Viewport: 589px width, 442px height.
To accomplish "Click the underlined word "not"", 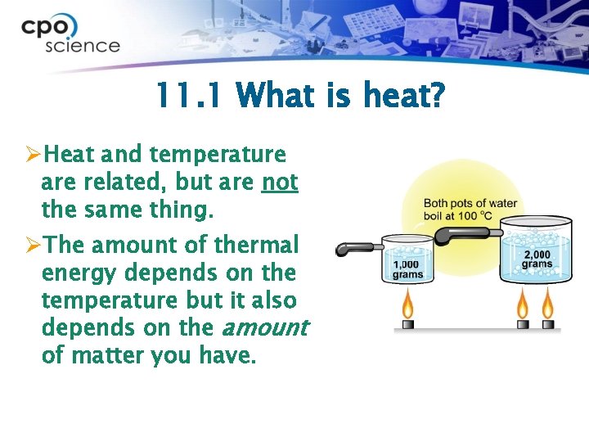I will (280, 182).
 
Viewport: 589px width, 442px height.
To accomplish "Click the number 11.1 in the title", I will (187, 97).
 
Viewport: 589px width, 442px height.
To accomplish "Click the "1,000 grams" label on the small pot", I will (408, 269).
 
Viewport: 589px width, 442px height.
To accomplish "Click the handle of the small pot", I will (356, 248).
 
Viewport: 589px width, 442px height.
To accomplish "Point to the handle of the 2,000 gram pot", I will (462, 235).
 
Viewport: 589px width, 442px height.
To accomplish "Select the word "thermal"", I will (259, 245).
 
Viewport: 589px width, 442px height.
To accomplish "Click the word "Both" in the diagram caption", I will (438, 203).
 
